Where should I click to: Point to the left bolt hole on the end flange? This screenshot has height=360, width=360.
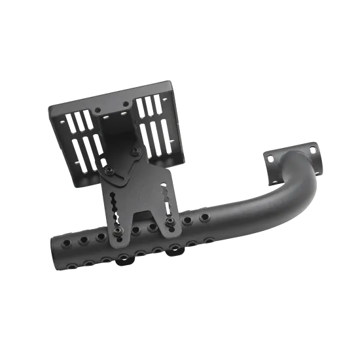(270, 157)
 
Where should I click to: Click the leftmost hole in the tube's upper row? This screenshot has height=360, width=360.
(65, 243)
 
